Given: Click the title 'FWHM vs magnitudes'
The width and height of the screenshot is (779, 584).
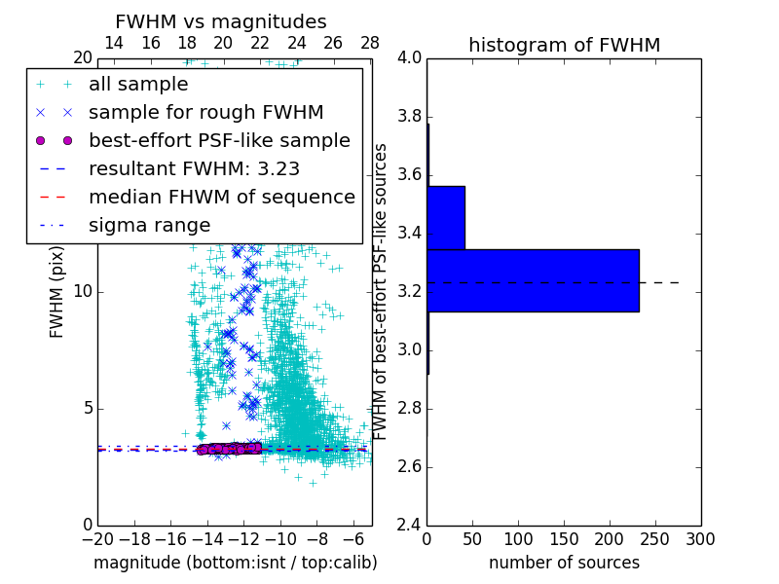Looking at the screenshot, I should (220, 22).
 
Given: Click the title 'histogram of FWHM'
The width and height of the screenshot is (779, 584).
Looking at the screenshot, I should (564, 45).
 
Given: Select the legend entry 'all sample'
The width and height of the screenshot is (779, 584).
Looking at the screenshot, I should (138, 85).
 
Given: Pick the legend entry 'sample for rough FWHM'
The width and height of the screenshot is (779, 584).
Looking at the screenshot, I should (205, 112).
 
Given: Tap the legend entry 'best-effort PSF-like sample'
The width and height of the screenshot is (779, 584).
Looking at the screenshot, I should (219, 140).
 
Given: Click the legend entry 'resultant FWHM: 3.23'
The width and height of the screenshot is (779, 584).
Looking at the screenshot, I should (194, 168).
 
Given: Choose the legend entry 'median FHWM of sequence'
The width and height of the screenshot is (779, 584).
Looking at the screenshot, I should (221, 197).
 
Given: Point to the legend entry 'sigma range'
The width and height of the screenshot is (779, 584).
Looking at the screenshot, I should (149, 225).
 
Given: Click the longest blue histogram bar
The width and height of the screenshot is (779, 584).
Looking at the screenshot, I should (533, 280).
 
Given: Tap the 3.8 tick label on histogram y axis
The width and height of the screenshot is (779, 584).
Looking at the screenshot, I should (408, 117).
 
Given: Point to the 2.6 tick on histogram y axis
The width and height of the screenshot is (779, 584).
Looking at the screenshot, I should (408, 467).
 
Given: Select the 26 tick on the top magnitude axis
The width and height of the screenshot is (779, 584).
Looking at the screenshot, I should (333, 43).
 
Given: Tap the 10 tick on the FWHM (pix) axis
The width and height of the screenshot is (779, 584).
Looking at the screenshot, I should (82, 292).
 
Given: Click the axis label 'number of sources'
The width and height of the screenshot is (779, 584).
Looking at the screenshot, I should (564, 563).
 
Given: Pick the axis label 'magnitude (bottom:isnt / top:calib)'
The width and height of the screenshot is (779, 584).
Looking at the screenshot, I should (235, 563).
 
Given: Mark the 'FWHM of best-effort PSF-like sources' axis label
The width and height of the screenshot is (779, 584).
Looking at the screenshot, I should (382, 291).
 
